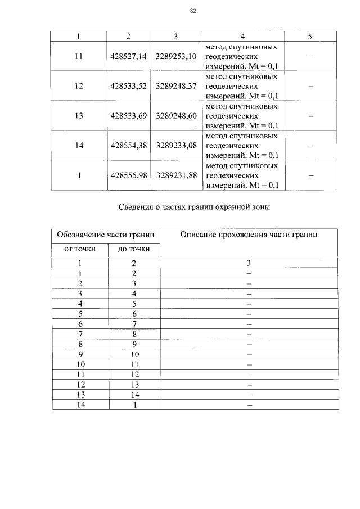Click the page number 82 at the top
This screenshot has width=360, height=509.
click(x=192, y=10)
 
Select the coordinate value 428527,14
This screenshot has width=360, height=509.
click(x=128, y=57)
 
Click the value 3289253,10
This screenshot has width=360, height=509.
click(x=176, y=57)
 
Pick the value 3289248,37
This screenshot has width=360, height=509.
click(x=176, y=87)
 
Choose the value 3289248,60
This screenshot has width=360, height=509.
click(x=176, y=116)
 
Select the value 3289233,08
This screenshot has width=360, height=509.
click(x=176, y=146)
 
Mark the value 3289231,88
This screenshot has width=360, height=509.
click(x=176, y=175)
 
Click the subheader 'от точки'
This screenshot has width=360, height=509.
click(x=79, y=249)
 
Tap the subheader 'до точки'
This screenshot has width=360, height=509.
click(x=134, y=249)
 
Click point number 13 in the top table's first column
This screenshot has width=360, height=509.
click(x=79, y=116)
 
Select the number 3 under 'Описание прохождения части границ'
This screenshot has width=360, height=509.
click(x=249, y=263)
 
